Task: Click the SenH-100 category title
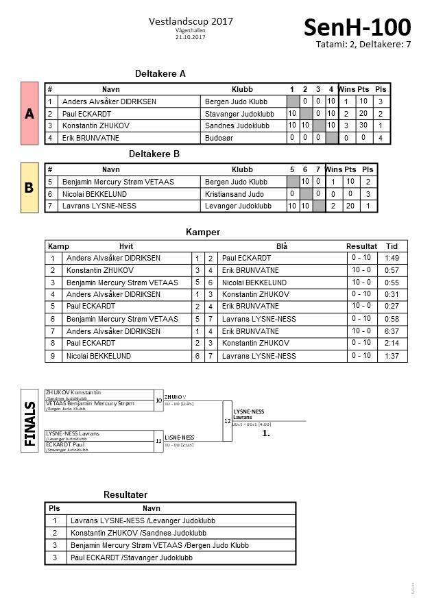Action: click(357, 28)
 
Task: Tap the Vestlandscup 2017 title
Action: click(191, 21)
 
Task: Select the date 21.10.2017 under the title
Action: click(191, 37)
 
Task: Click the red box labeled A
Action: click(29, 114)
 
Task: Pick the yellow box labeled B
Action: click(29, 187)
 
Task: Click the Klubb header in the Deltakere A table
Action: click(242, 90)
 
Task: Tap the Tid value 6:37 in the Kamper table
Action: click(392, 331)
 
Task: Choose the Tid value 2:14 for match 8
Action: click(392, 343)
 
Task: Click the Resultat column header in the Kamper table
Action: click(361, 246)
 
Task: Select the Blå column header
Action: click(282, 246)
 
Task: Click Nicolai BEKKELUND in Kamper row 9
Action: click(98, 356)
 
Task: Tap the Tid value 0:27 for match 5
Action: click(392, 307)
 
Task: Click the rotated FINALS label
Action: click(30, 424)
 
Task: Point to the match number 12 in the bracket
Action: click(227, 420)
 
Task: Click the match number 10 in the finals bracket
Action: click(158, 399)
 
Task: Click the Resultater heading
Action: click(125, 494)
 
